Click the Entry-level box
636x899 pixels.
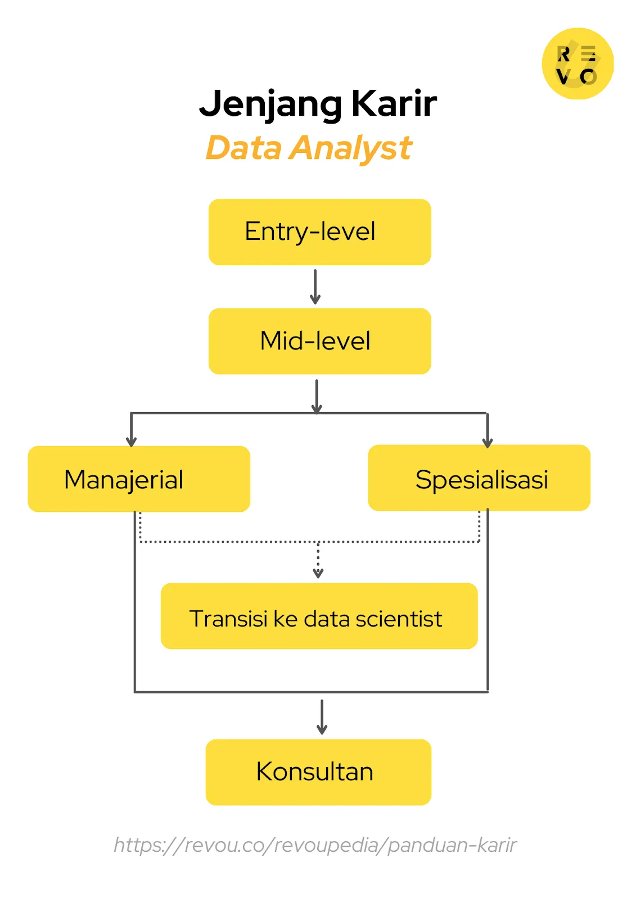tap(319, 231)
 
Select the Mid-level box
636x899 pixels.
tap(319, 341)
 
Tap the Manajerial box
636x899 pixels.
tap(138, 479)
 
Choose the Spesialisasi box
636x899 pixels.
tap(479, 478)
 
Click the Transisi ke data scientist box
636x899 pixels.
tap(319, 616)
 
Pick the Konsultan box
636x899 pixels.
tap(318, 772)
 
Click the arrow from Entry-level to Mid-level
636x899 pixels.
tap(315, 287)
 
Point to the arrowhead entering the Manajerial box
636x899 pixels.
tap(131, 441)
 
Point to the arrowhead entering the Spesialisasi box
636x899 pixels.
tap(488, 442)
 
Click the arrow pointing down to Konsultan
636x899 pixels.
tap(322, 718)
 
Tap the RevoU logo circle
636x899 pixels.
tap(578, 63)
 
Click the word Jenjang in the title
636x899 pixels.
tap(270, 104)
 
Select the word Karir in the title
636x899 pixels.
tap(394, 104)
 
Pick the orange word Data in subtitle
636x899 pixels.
tap(243, 148)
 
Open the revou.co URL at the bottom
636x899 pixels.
tap(315, 844)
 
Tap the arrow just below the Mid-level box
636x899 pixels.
tap(317, 396)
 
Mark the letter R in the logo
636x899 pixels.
tap(563, 55)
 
